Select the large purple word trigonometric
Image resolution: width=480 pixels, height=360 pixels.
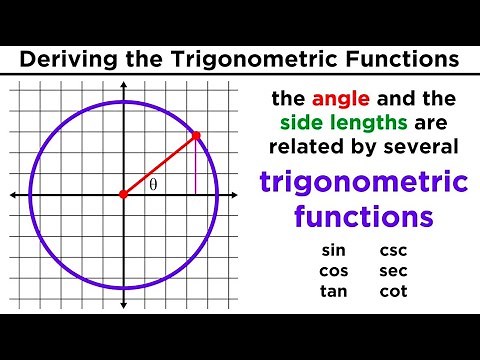tap(364, 185)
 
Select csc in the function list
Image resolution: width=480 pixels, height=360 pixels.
tap(393, 250)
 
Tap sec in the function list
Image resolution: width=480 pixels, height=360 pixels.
tap(393, 270)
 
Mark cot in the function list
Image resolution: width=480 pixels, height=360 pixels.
tap(393, 291)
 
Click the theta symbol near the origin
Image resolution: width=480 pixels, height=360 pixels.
tap(153, 185)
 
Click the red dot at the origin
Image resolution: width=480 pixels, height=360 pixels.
tap(123, 194)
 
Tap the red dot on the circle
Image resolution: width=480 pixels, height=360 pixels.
tap(196, 135)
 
